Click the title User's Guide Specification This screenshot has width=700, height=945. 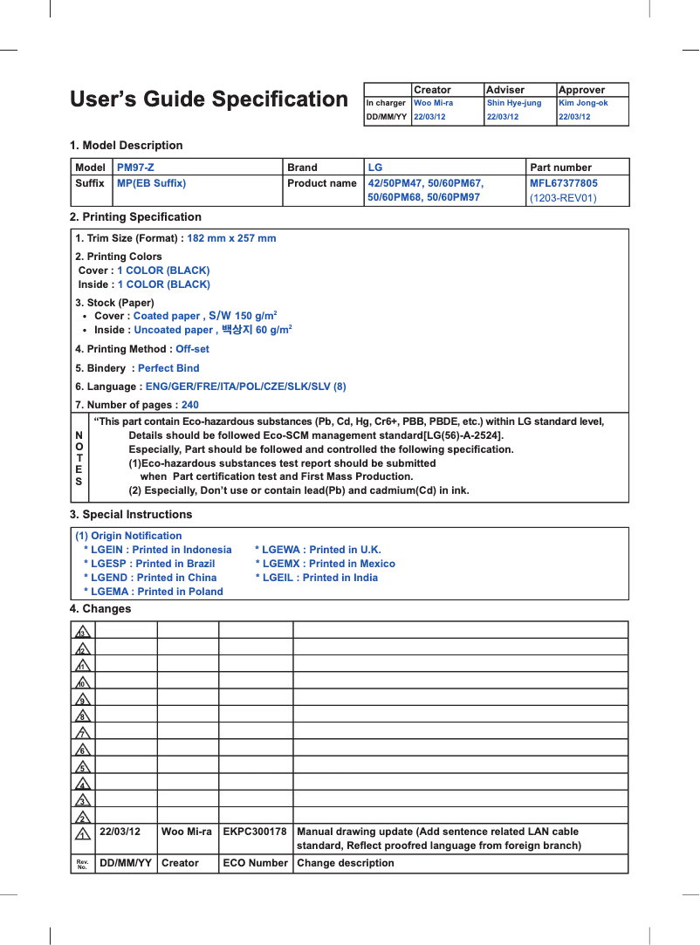click(x=209, y=99)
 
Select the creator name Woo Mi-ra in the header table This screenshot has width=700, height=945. click(x=433, y=103)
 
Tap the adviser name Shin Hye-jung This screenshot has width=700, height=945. click(x=513, y=103)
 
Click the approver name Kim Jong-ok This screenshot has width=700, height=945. click(x=583, y=103)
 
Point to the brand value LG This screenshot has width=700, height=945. click(x=375, y=168)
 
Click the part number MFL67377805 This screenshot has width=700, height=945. click(x=564, y=183)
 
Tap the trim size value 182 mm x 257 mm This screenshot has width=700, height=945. click(x=231, y=238)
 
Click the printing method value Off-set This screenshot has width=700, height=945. click(x=192, y=349)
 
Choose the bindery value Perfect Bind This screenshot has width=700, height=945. click(x=168, y=368)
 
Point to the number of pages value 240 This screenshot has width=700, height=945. click(x=189, y=405)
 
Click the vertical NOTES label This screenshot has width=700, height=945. click(x=79, y=457)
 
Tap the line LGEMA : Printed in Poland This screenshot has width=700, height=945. click(x=153, y=592)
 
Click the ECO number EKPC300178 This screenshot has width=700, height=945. click(x=255, y=832)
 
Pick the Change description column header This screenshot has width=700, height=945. click(x=346, y=863)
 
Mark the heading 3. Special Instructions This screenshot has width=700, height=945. click(x=131, y=515)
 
